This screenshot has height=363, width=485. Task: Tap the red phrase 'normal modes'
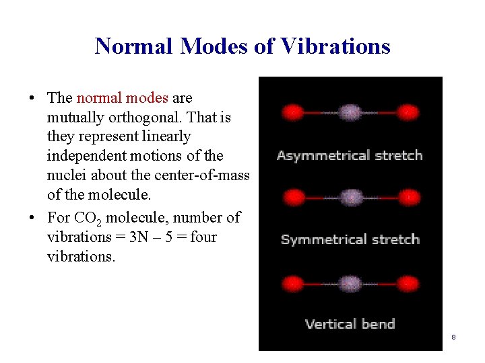point(122,98)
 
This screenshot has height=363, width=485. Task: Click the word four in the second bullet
point(203,237)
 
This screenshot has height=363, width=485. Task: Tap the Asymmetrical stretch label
point(349,155)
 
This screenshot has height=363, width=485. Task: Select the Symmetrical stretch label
point(350,239)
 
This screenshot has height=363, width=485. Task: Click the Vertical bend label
point(350,324)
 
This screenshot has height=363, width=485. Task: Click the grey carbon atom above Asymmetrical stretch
point(350,112)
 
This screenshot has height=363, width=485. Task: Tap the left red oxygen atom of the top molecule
point(293,112)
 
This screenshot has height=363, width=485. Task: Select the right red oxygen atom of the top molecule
point(407,112)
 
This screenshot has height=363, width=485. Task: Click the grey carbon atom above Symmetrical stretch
point(350,197)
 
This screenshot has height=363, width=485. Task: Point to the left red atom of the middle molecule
point(293,197)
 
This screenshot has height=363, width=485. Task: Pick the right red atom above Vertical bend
point(407,282)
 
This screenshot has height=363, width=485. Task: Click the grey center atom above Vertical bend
point(350,282)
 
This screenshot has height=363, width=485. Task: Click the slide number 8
point(454,337)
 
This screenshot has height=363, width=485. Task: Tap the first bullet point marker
point(32,99)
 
